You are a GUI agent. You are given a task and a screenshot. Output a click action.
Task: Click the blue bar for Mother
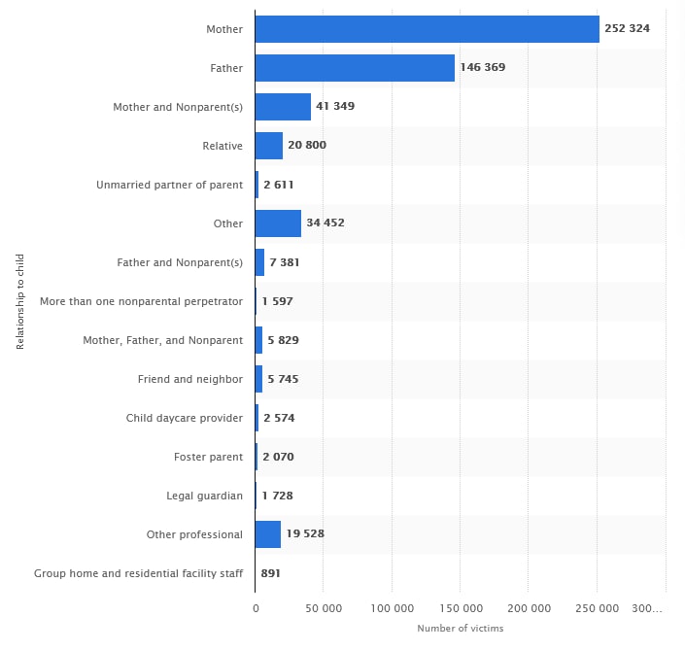point(428,29)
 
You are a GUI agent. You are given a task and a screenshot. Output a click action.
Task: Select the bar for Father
point(355,68)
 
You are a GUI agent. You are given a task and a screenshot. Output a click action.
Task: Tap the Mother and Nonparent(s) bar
point(283,107)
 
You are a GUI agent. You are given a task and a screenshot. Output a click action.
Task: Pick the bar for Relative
point(269,146)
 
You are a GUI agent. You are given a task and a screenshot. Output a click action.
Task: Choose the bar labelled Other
point(278,223)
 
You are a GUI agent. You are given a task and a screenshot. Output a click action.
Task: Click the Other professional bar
point(268,534)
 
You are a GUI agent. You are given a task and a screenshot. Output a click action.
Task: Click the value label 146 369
point(483,68)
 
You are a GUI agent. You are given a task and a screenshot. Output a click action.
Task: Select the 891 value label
point(271,573)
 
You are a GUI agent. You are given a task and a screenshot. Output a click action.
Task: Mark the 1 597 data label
point(277,301)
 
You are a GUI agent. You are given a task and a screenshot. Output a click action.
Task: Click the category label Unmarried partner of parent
point(170,185)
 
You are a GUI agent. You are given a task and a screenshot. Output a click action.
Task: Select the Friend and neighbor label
point(190,379)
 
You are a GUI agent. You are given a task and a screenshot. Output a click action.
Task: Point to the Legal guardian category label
point(205,496)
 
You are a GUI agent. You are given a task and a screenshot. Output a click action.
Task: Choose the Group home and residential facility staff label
point(138,573)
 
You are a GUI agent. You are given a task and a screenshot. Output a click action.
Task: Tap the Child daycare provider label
point(185,418)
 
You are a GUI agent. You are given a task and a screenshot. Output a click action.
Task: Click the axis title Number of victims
point(461,629)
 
